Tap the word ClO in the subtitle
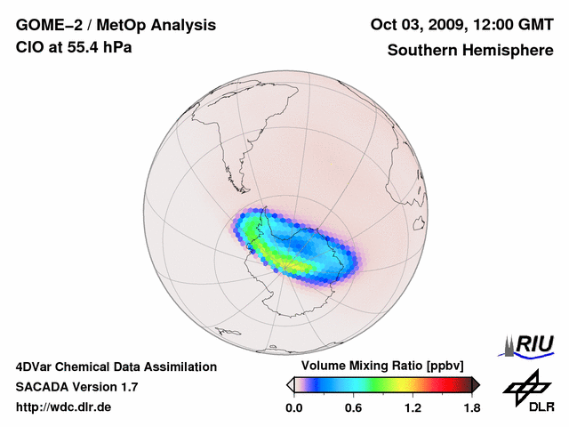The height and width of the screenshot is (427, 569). point(28,47)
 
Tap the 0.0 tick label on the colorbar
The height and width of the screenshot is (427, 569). point(293,408)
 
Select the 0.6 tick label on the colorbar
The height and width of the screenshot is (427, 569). point(353,408)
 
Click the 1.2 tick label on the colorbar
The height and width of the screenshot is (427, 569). point(412,408)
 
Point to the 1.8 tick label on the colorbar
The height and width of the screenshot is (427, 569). point(471,408)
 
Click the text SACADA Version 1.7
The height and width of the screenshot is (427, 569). point(76,388)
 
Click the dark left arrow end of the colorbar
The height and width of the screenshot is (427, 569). point(290,384)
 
